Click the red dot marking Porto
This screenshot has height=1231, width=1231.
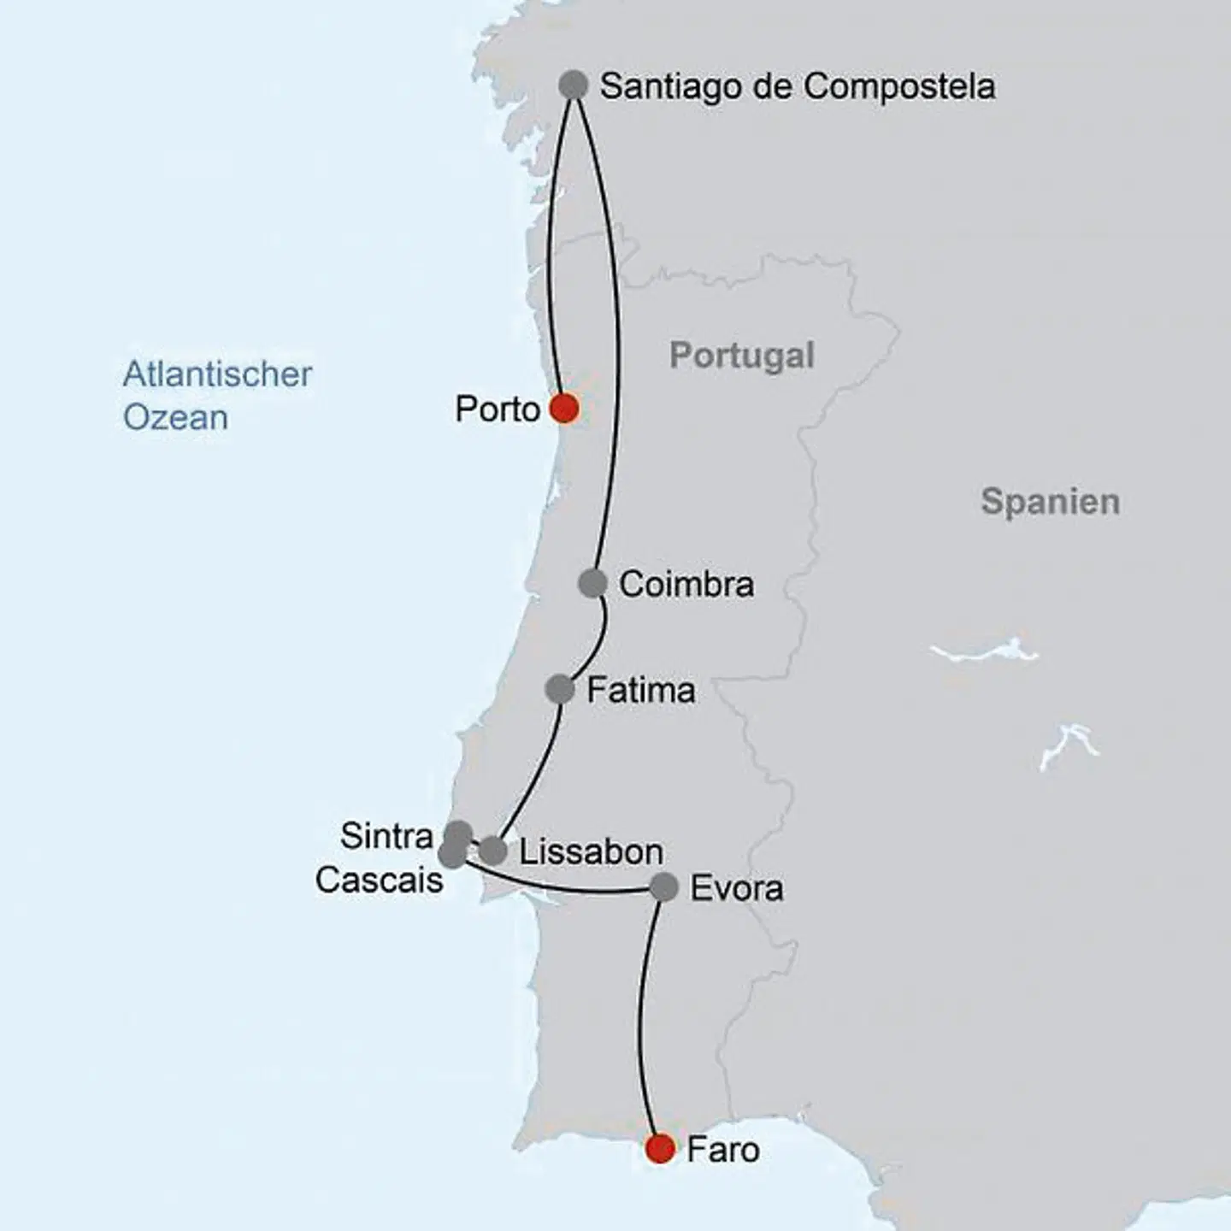(x=564, y=409)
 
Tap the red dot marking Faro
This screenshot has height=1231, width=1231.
(x=661, y=1148)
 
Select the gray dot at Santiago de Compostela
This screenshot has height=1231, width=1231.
(x=574, y=85)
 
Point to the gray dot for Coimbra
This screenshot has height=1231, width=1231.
(x=592, y=583)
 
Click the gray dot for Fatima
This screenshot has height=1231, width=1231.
(x=560, y=688)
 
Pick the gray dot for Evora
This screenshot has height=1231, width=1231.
(x=664, y=887)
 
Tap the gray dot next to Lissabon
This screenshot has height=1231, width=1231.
(x=492, y=851)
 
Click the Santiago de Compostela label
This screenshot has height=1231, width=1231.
(x=798, y=86)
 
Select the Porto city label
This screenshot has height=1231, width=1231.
(x=497, y=409)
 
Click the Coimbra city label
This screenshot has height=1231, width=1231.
(x=686, y=585)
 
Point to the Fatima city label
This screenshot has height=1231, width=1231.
(x=640, y=690)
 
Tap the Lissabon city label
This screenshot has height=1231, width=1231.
(x=591, y=852)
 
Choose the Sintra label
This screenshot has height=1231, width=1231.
(x=386, y=835)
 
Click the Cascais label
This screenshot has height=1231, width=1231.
(x=379, y=880)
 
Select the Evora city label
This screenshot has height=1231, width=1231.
(x=736, y=889)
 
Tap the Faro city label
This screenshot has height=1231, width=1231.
(x=723, y=1150)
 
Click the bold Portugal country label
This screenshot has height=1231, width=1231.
(x=741, y=356)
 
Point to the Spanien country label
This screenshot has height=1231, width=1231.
(x=1050, y=502)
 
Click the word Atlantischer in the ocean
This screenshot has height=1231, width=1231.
(x=217, y=374)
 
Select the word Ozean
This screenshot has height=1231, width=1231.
(x=175, y=418)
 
